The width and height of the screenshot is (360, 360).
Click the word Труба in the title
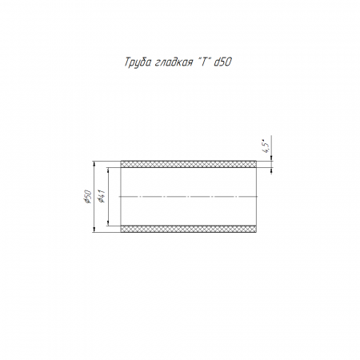coord(137,62)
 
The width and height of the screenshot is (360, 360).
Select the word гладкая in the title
coord(173,62)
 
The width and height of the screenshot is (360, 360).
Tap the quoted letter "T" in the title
coord(203,62)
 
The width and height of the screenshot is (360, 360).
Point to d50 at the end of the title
coord(222,62)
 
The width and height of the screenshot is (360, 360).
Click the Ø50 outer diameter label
coord(87,197)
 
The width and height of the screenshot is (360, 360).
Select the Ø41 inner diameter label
coord(102,196)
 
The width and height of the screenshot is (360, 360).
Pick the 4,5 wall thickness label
coord(266,146)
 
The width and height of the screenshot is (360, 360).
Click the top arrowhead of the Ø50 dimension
coord(94,163)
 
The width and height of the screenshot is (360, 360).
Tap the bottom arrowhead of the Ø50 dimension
coord(94,230)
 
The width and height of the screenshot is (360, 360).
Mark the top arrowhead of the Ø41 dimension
coord(108,170)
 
